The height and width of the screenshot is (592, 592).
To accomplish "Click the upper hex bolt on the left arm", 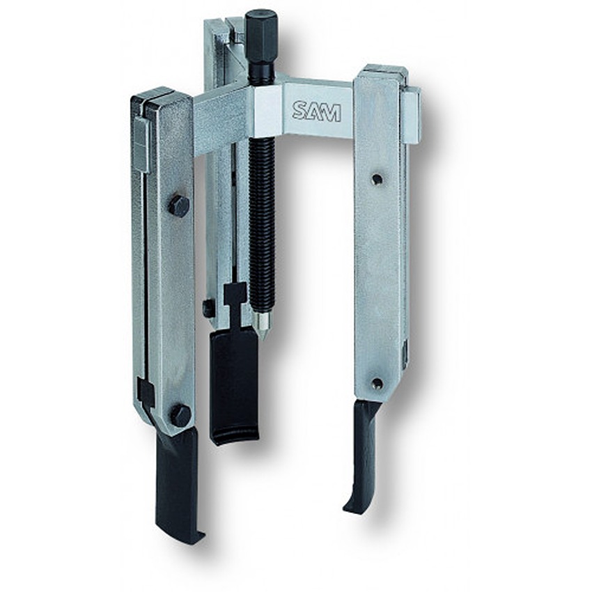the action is (179, 205).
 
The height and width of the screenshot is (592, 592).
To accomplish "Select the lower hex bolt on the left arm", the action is (180, 414).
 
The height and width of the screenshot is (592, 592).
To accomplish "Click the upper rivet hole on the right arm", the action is (376, 178).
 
